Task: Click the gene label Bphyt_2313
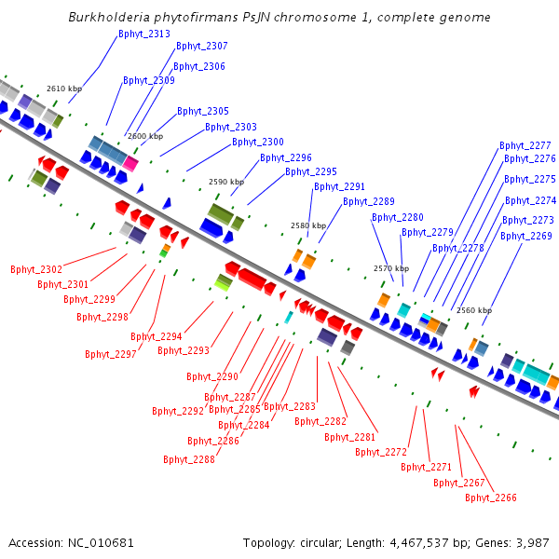pos(144,34)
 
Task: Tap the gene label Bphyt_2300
pos(258,143)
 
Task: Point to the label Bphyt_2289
pos(369,202)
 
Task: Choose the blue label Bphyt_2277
pos(525,146)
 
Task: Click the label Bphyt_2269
pos(526,237)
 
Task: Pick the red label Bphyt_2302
pos(36,270)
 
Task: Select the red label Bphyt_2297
pos(111,355)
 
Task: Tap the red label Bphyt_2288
pos(189,459)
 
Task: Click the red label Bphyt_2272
pos(381,453)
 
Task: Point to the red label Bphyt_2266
pos(491,498)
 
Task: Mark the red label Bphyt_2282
pos(320,422)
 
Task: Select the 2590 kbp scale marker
pos(226,183)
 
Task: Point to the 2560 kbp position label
pos(474,311)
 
